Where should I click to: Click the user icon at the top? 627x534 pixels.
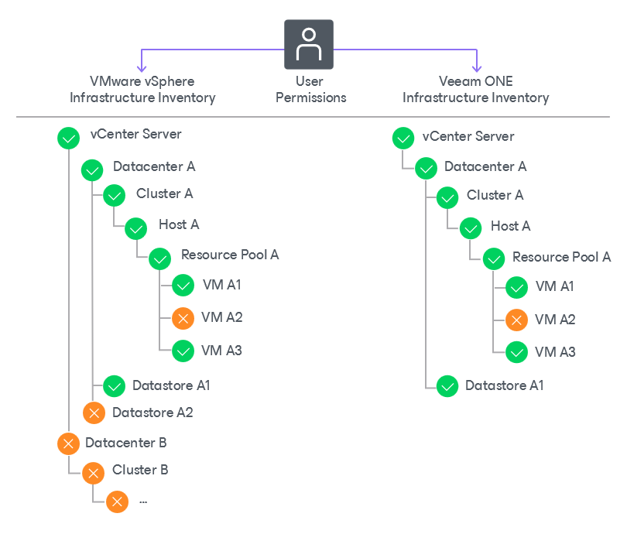[x=309, y=44]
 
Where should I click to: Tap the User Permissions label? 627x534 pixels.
[x=310, y=89]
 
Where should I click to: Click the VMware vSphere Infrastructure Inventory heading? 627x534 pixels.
[x=142, y=90]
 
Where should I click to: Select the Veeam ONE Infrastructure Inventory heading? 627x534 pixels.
[x=476, y=90]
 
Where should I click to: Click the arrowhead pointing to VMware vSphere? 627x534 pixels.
[x=142, y=68]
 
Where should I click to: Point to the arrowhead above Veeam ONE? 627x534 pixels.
[x=477, y=68]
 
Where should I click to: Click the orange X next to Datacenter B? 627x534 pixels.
[x=68, y=443]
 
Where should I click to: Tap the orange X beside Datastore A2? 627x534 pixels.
[x=94, y=413]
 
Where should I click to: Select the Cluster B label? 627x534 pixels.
[x=140, y=470]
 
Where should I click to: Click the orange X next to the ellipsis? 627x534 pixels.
[x=117, y=501]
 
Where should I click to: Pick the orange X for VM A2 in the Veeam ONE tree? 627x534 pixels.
[x=516, y=320]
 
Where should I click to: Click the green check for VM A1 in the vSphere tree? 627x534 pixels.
[x=183, y=286]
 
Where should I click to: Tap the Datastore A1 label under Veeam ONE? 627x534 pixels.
[x=504, y=385]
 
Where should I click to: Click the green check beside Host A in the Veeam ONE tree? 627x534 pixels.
[x=471, y=228]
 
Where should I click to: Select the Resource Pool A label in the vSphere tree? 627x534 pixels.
[x=230, y=255]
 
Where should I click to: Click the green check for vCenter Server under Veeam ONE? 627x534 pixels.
[x=403, y=139]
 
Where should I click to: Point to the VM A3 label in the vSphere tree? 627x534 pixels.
[x=221, y=351]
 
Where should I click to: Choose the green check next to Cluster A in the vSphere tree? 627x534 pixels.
[x=115, y=196]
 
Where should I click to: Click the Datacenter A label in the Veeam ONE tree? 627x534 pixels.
[x=485, y=166]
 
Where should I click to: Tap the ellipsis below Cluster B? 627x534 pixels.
[x=143, y=502]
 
